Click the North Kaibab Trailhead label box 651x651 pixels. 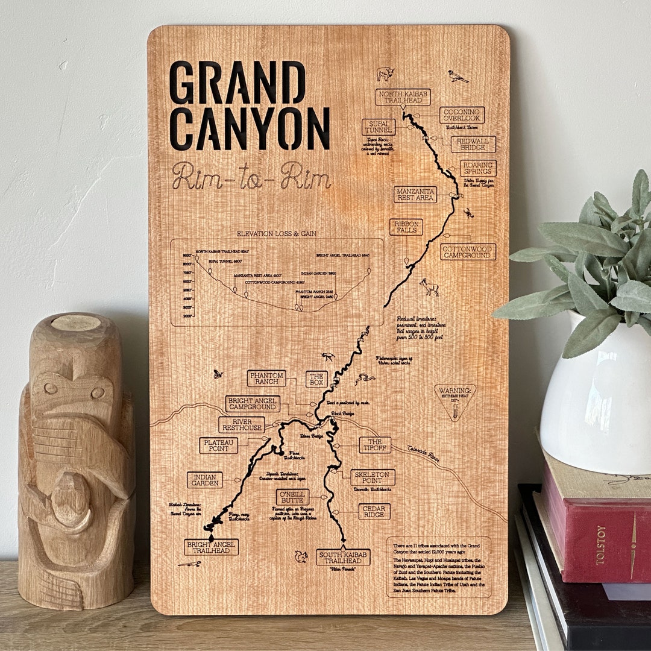pyautogui.click(x=403, y=97)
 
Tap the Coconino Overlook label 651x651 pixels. pyautogui.click(x=462, y=115)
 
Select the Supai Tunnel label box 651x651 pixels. pyautogui.click(x=379, y=127)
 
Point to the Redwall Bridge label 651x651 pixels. pyautogui.click(x=473, y=144)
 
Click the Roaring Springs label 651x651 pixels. pyautogui.click(x=478, y=168)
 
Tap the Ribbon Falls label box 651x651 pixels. pyautogui.click(x=406, y=227)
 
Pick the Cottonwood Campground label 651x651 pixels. pyautogui.click(x=468, y=251)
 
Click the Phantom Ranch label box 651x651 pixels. pyautogui.click(x=266, y=378)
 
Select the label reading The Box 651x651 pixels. pyautogui.click(x=316, y=379)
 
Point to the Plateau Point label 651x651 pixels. pyautogui.click(x=218, y=445)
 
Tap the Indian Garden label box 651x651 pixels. pyautogui.click(x=204, y=480)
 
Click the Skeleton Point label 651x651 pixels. pyautogui.click(x=373, y=477)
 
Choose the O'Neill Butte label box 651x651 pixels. pyautogui.click(x=293, y=497)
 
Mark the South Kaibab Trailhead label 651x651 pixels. pyautogui.click(x=343, y=556)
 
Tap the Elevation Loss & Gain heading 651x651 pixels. pyautogui.click(x=277, y=233)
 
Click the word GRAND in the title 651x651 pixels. pyautogui.click(x=237, y=83)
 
